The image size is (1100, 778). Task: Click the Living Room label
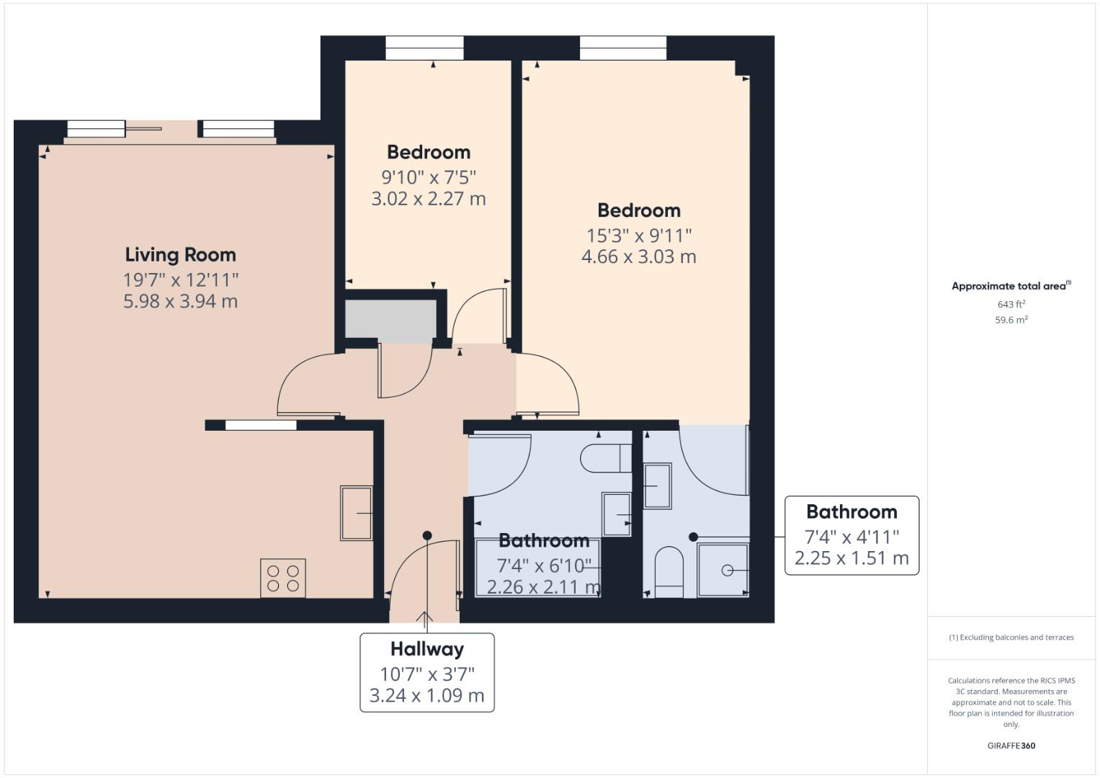[180, 254]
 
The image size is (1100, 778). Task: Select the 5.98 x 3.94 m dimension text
[180, 301]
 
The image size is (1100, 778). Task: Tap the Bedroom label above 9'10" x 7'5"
[429, 152]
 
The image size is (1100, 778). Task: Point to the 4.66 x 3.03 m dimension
[638, 256]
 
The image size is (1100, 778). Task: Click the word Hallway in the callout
[426, 649]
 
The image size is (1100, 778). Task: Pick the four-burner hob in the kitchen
[283, 578]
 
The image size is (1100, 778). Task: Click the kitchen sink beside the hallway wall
[356, 513]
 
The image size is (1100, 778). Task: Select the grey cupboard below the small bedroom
[390, 321]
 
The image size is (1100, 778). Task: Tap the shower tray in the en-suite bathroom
[723, 570]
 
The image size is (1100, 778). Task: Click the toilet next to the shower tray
[669, 571]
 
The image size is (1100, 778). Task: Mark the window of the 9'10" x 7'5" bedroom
[424, 48]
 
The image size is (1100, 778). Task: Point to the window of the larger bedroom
[622, 48]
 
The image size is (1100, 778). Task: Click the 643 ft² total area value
[1011, 305]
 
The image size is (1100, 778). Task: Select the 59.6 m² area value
[1011, 321]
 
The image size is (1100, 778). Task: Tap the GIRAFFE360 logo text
[1011, 746]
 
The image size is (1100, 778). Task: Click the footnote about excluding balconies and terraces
[1011, 638]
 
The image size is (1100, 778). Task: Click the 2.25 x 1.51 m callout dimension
[851, 558]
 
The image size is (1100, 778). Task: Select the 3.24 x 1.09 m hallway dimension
[426, 696]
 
